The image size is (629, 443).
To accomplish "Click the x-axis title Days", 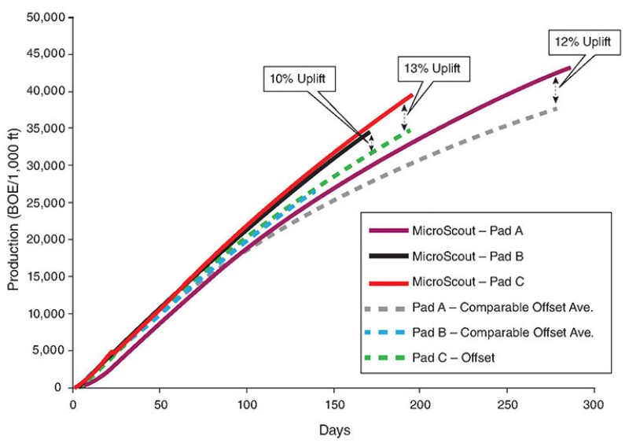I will coord(334,430).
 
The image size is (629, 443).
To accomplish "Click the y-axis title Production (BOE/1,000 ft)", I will coord(13,201).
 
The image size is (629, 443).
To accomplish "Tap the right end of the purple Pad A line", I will coord(569,68).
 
